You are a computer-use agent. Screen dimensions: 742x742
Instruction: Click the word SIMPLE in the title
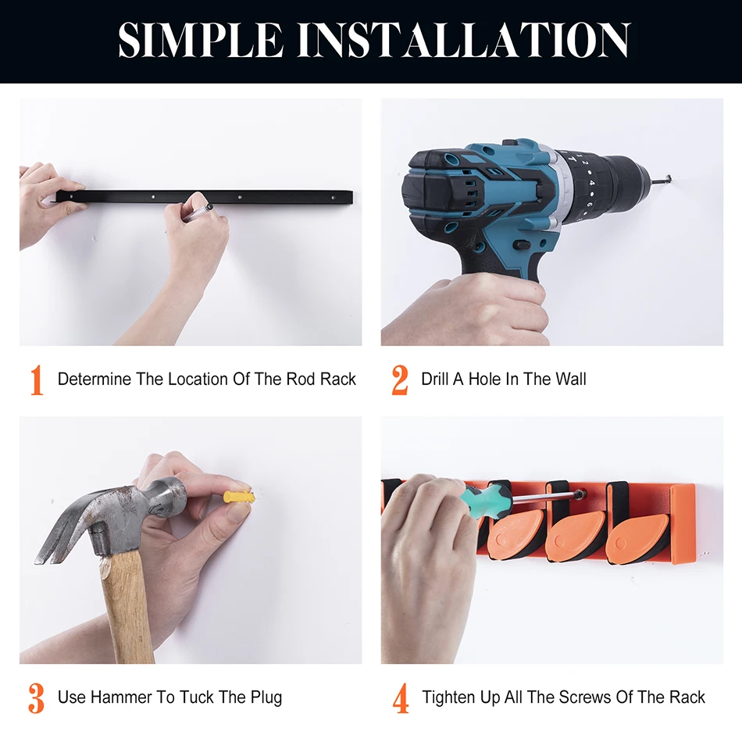click(x=201, y=40)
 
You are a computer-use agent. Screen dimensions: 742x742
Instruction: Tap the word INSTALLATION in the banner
click(x=464, y=40)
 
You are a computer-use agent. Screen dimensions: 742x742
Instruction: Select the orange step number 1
click(x=37, y=380)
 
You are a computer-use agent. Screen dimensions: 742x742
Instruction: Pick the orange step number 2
click(x=400, y=380)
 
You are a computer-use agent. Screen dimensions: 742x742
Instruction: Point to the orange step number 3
click(x=37, y=698)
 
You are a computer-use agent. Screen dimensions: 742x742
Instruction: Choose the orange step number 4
click(x=401, y=698)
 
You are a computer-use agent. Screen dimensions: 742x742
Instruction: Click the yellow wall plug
click(x=240, y=498)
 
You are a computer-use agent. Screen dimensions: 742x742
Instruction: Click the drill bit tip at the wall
click(x=668, y=179)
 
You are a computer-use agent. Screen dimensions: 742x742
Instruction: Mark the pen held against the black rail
click(x=198, y=212)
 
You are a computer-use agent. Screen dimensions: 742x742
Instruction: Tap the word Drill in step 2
click(x=435, y=379)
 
